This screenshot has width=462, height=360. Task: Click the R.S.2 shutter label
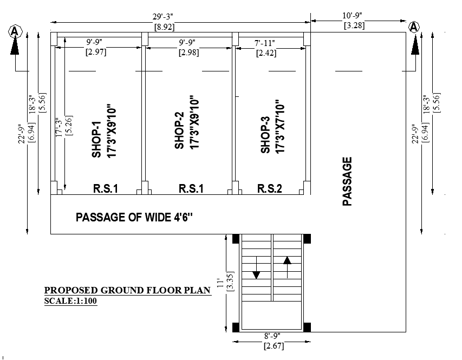point(270,189)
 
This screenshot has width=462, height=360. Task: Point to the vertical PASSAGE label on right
point(347,181)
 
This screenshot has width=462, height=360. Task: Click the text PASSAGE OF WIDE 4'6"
point(134,218)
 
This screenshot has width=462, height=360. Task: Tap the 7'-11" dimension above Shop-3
point(265,43)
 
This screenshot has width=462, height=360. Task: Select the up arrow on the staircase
point(287,259)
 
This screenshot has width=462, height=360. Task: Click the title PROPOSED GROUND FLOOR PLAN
point(127,290)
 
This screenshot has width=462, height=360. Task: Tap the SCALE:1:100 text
point(71,302)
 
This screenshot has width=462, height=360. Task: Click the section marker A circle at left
point(15,31)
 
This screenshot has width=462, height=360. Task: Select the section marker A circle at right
point(414,27)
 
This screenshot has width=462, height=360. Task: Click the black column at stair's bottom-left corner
point(236,327)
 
